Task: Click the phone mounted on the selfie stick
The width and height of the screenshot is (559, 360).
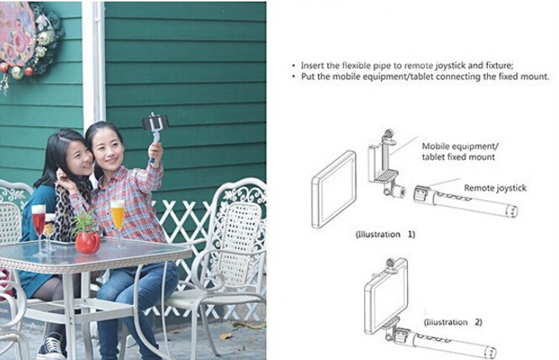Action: (x=155, y=122)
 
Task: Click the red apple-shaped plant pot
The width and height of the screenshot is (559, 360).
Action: (x=87, y=242)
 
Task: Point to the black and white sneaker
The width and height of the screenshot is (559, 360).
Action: (x=52, y=347)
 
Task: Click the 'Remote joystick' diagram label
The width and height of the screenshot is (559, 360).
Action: (x=494, y=188)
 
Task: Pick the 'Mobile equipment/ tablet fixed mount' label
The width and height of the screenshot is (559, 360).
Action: (x=460, y=151)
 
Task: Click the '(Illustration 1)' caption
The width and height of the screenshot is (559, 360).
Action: (x=386, y=234)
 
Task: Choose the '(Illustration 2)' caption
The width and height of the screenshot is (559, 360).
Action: (x=453, y=322)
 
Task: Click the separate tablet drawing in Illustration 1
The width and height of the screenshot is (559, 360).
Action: (x=334, y=190)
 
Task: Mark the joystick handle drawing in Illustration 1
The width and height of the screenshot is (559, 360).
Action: (x=466, y=201)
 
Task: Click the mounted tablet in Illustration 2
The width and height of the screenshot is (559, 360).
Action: (x=384, y=296)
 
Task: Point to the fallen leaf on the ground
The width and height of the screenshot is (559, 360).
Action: (x=226, y=336)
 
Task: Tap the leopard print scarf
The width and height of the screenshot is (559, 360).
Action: (x=66, y=210)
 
